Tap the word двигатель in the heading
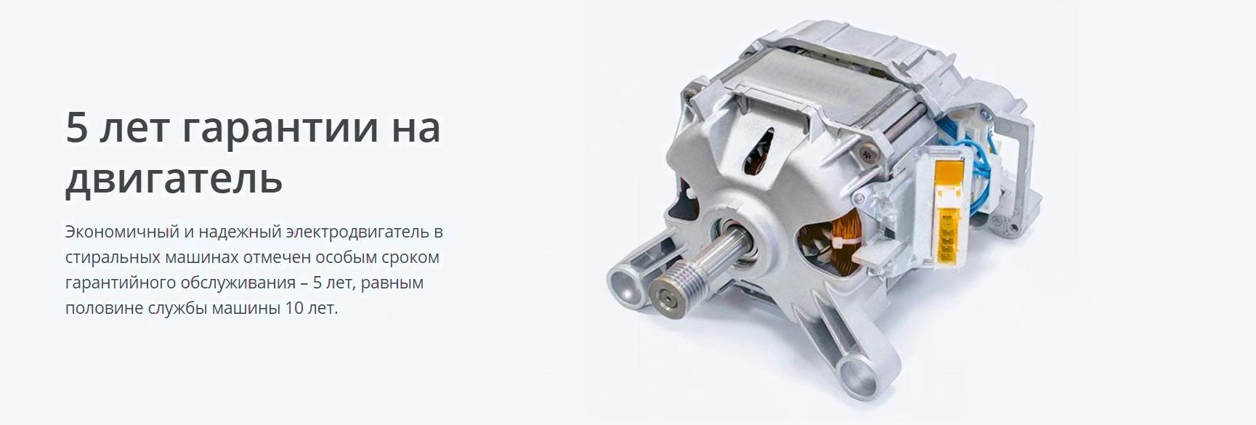[174, 177]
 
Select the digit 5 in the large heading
[76, 126]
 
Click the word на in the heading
[416, 128]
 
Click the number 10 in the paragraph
[294, 308]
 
